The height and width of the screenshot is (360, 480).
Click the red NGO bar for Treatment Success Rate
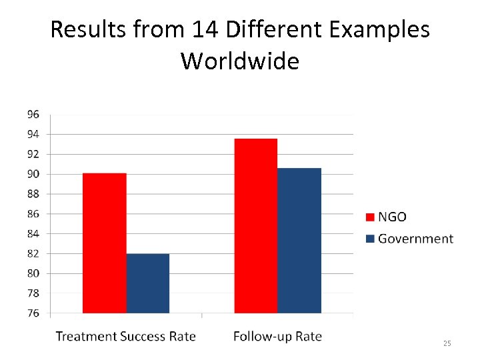(105, 243)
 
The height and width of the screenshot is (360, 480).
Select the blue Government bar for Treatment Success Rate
(148, 283)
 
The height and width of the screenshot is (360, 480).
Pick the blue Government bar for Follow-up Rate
(299, 240)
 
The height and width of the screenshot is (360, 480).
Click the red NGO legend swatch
(371, 217)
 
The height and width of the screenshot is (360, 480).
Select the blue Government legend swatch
(371, 239)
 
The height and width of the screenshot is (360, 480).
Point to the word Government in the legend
(415, 239)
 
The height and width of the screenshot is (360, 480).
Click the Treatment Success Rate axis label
(126, 336)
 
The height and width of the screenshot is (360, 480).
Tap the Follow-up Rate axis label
(277, 336)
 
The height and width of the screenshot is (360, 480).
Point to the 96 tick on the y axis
(33, 114)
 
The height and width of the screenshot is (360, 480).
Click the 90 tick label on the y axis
(33, 174)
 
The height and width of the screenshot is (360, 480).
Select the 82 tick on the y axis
(33, 253)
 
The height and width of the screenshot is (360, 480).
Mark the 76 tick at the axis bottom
(33, 313)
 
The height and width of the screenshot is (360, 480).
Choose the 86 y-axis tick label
(33, 214)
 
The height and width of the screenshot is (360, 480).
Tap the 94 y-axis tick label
(33, 134)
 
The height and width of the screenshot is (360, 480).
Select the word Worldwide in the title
(240, 61)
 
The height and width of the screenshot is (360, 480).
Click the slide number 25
(447, 343)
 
